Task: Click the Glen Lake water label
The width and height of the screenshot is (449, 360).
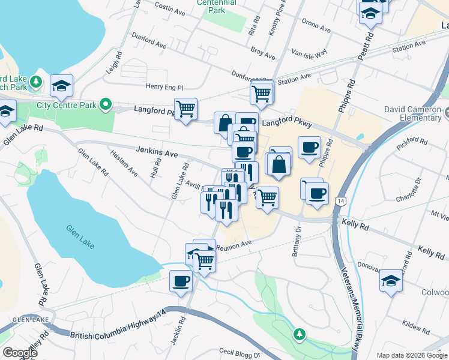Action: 81,229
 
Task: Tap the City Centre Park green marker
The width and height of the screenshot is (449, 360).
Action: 106,105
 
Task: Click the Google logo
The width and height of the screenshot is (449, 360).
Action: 20,353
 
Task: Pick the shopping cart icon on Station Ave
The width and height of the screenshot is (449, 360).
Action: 262,92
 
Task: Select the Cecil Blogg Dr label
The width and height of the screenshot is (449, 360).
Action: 239,353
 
